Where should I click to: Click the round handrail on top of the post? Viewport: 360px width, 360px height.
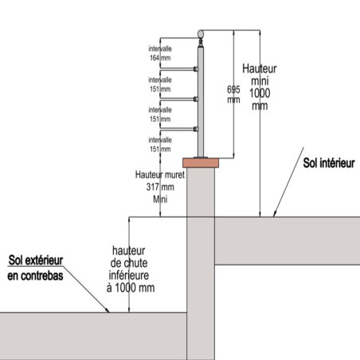[x=201, y=34]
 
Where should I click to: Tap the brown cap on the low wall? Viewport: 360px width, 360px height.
[x=201, y=162]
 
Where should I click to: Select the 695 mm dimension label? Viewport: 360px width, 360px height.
[x=233, y=94]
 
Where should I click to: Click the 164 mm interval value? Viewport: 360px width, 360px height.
[x=160, y=58]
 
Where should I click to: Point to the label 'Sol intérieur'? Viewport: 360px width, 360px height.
[x=329, y=163]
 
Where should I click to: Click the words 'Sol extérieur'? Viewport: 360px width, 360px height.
[x=36, y=260]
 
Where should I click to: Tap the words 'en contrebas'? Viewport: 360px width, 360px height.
[x=35, y=276]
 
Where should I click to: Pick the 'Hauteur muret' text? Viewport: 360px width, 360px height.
[x=160, y=174]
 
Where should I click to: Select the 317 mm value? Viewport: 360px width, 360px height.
[x=160, y=187]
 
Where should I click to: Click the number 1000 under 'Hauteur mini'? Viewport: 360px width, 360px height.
[x=260, y=93]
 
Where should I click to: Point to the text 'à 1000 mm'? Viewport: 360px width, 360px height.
[x=131, y=288]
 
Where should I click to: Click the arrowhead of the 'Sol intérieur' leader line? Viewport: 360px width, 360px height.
[x=275, y=213]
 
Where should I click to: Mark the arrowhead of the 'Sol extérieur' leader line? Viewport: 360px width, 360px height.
[x=107, y=310]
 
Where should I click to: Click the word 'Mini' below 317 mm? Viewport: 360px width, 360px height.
[x=160, y=199]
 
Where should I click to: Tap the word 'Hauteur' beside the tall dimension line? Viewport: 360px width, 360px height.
[x=260, y=68]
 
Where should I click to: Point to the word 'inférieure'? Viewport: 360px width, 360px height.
[x=129, y=276]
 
